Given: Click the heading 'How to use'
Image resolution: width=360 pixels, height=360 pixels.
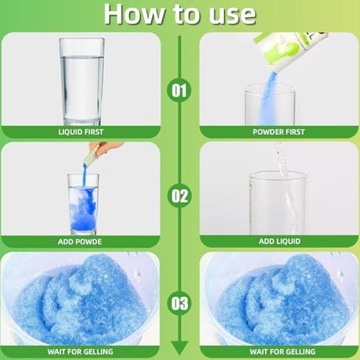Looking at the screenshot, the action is pos(180,14).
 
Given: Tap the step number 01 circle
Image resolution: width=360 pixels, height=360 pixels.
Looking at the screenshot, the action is pos(179,91).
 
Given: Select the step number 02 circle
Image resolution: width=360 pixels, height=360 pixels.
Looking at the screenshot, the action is pos(179,196).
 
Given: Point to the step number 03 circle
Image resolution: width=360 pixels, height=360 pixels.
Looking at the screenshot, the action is pos(179,303).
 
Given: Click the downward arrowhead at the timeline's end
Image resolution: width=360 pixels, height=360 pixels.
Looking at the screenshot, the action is pos(179,347).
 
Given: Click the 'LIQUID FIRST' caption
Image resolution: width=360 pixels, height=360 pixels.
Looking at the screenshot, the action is pos(81,132).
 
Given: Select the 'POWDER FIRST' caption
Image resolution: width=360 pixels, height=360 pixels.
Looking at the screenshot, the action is pos(279,132).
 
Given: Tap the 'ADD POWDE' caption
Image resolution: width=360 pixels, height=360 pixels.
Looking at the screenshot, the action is pos(80,242).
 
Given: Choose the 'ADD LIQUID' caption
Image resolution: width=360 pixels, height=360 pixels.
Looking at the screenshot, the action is pos(279,241).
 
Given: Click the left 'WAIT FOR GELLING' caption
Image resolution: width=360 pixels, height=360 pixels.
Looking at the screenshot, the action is pos(81,351).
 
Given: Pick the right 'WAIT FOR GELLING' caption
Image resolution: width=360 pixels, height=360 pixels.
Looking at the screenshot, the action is pos(283,351).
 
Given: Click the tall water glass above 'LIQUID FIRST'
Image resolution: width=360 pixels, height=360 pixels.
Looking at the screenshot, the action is pos(81,81).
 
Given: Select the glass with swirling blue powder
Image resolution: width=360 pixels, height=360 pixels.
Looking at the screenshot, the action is pos(83,204).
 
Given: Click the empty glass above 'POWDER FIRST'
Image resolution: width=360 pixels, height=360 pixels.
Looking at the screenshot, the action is pos(270,105).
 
